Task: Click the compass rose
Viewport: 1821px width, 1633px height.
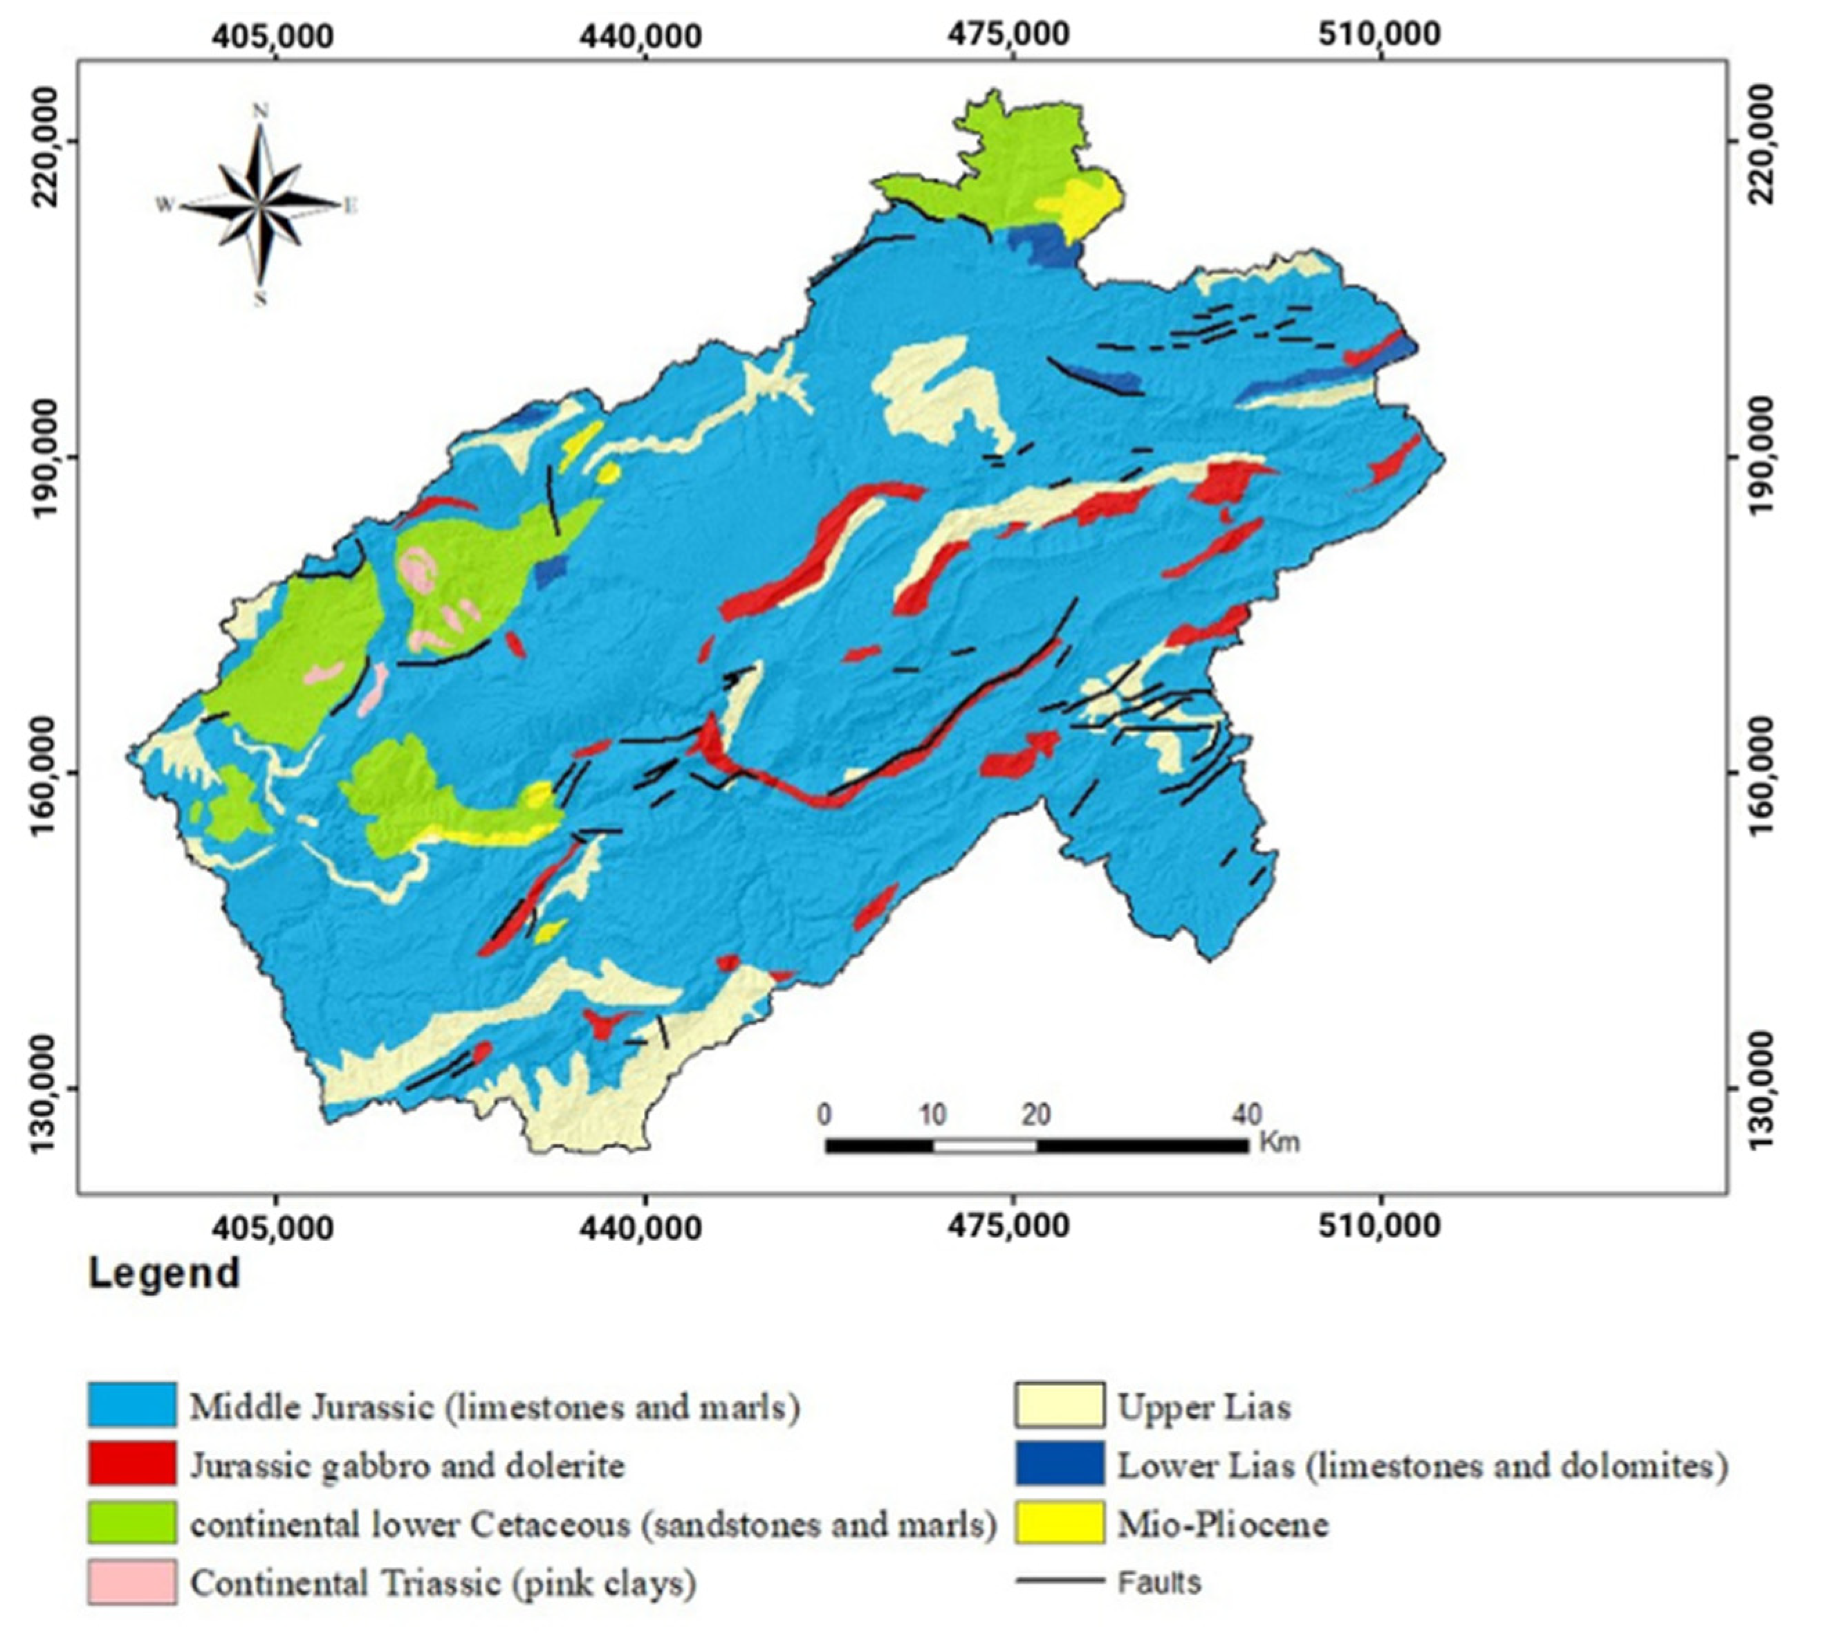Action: [x=260, y=205]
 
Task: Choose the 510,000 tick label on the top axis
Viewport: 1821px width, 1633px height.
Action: [x=1380, y=34]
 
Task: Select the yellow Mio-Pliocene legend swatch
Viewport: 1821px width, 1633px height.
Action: [x=1060, y=1524]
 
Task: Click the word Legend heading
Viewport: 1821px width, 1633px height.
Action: [x=164, y=1274]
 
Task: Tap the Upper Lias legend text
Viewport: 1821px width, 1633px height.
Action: [x=1203, y=1407]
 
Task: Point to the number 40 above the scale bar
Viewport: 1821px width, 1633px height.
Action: [x=1246, y=1114]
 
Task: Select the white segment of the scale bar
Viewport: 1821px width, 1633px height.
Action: [x=985, y=1146]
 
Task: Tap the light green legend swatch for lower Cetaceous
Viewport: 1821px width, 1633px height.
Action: [x=132, y=1524]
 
